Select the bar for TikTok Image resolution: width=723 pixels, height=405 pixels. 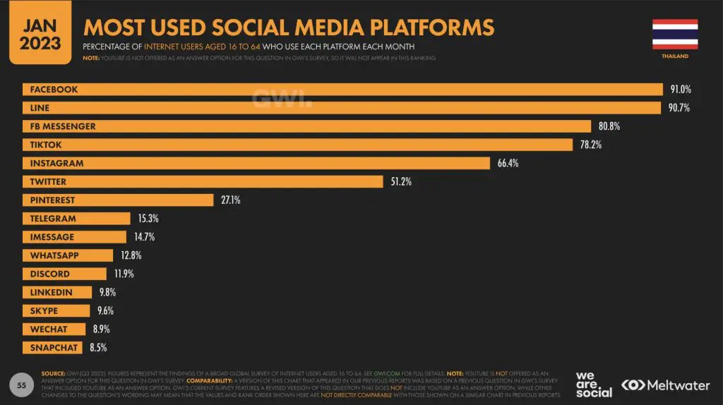pos(297,145)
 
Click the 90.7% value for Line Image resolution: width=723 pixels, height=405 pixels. pos(679,108)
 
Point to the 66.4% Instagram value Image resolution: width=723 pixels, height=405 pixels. pos(508,163)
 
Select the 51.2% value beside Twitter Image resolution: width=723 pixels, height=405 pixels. pos(401,182)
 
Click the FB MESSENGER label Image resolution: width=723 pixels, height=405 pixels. pos(63,126)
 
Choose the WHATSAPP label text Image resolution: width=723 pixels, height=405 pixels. pos(54,255)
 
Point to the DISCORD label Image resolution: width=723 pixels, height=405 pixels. pos(50,274)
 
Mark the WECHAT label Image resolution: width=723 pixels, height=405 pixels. pos(49,329)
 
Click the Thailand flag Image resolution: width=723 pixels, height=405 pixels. pos(675,33)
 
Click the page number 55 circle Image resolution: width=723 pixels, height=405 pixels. pos(22,385)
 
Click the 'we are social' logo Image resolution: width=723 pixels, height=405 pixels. pos(594,385)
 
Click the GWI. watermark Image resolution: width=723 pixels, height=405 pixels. pos(282,99)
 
